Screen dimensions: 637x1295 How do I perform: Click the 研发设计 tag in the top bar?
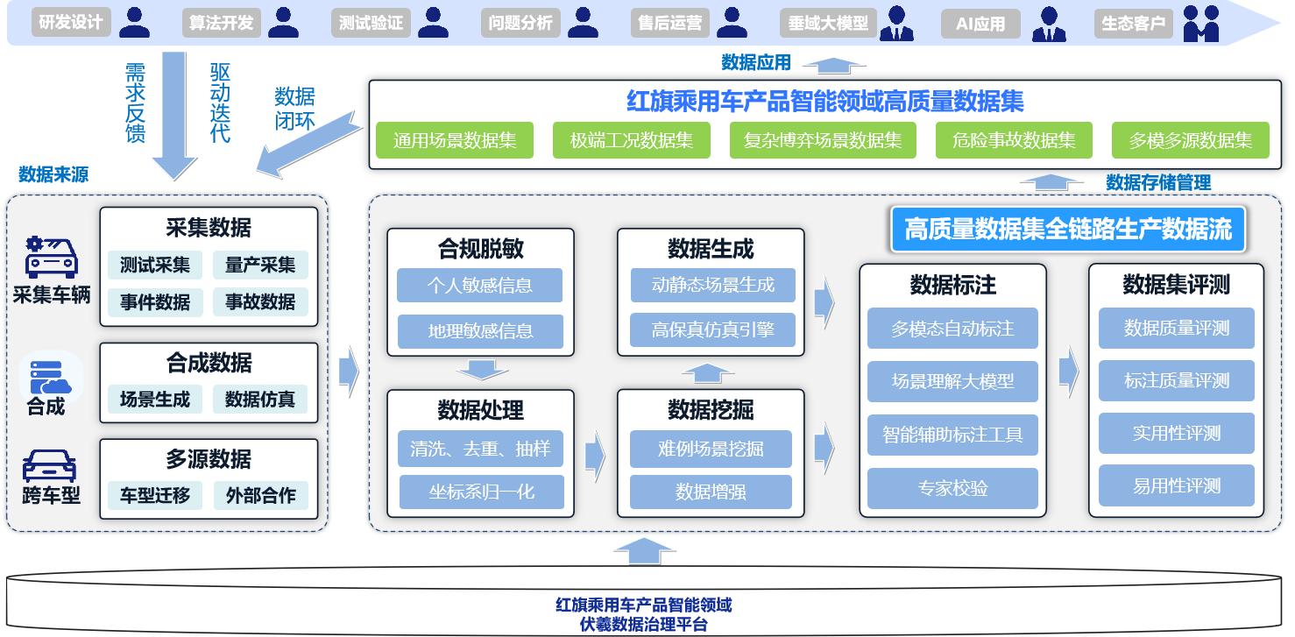click(71, 23)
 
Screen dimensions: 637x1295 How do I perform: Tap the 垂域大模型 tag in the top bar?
click(828, 24)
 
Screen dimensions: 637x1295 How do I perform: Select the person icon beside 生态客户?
click(1200, 24)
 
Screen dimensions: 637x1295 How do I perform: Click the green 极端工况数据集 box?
click(631, 140)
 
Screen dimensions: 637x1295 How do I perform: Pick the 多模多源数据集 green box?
click(1190, 140)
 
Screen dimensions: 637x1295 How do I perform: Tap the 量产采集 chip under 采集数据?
click(260, 265)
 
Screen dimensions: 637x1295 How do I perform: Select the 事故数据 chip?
click(260, 302)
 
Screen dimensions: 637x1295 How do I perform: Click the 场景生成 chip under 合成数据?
click(155, 400)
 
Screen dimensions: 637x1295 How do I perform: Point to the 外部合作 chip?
click(260, 495)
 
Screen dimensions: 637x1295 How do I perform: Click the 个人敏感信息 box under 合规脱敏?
click(479, 286)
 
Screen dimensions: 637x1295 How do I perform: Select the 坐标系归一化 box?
click(481, 492)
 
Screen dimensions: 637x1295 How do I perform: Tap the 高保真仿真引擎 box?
click(711, 330)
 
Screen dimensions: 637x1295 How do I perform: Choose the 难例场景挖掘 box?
click(711, 449)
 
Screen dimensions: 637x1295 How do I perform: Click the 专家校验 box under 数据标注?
click(952, 488)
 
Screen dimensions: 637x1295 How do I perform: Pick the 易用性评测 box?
click(1176, 486)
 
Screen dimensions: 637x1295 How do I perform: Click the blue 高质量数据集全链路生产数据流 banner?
click(1067, 230)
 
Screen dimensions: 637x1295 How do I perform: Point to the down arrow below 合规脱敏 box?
click(481, 370)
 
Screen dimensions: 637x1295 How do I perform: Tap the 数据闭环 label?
click(294, 108)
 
